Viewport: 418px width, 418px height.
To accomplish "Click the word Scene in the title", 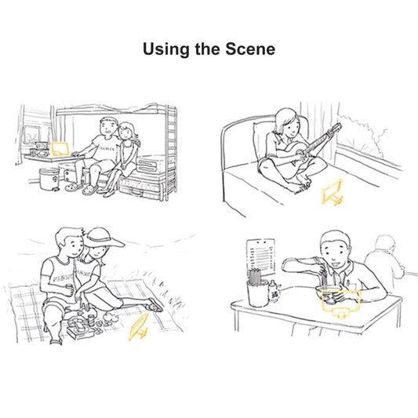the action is (250, 49).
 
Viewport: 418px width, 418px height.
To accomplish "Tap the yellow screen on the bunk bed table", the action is (60, 149).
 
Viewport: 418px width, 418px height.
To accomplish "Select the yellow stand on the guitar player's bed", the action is (332, 192).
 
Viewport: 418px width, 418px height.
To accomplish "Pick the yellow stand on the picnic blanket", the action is (138, 328).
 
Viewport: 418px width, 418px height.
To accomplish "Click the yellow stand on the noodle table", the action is (341, 304).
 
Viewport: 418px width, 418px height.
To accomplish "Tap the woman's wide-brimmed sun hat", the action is (104, 238).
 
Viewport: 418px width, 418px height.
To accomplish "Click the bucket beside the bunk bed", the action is (49, 179).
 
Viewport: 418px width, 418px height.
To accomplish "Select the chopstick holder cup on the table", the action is (258, 293).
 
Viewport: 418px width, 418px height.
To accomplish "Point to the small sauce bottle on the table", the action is (274, 292).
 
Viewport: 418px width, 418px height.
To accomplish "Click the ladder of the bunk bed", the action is (171, 152).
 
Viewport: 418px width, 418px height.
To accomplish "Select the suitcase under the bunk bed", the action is (140, 187).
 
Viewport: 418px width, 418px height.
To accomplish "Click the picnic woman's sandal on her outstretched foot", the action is (154, 305).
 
